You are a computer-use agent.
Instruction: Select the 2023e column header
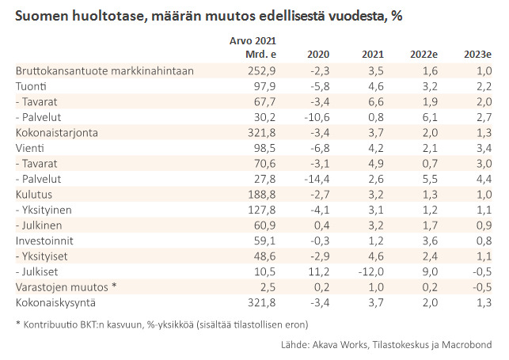[x=477, y=55]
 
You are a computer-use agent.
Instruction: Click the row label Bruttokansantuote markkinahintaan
[x=105, y=70]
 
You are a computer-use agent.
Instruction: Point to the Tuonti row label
[x=31, y=85]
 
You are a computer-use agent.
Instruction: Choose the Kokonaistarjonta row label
[x=56, y=132]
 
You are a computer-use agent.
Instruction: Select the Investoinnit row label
[x=47, y=240]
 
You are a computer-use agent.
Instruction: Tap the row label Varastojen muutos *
[x=66, y=286]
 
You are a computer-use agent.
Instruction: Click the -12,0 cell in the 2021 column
[x=369, y=271]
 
